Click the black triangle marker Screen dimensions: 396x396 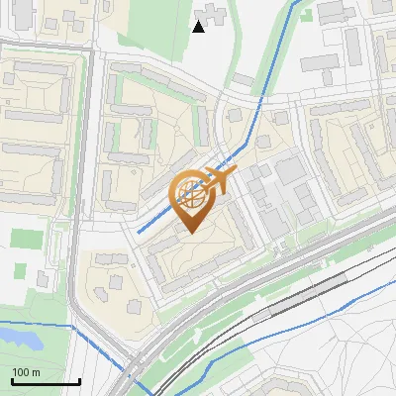point(198,27)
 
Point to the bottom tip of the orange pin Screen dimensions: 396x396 point(189,233)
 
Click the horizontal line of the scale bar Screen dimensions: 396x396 point(45,382)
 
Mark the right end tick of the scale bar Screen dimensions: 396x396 point(78,379)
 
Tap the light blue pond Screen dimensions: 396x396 point(17,337)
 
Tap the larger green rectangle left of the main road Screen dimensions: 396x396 point(27,240)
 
